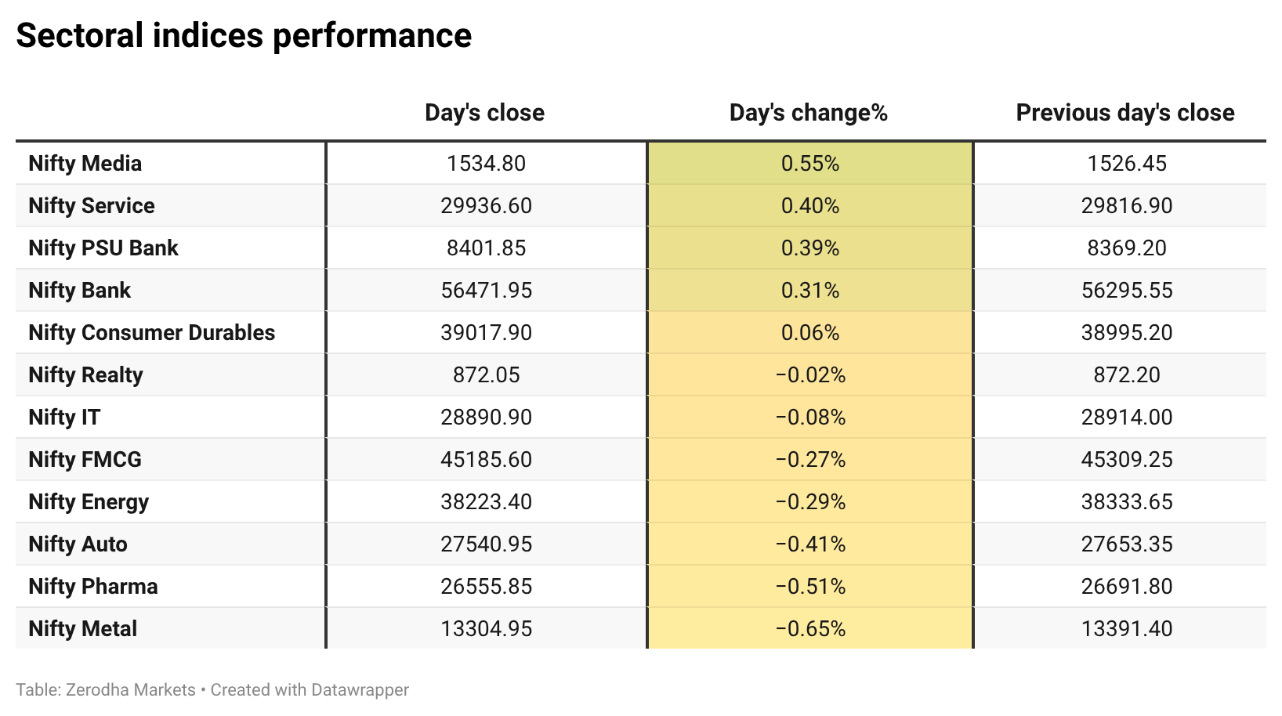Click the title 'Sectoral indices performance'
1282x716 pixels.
tap(244, 35)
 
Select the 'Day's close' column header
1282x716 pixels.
tap(485, 113)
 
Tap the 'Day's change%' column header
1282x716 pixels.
tap(809, 113)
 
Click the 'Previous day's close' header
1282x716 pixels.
tap(1125, 113)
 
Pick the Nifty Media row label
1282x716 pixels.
tap(85, 164)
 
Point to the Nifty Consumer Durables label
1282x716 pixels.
tap(152, 332)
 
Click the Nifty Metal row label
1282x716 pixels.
tap(83, 629)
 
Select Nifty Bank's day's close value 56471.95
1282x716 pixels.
tap(487, 290)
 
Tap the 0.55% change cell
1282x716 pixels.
tap(810, 164)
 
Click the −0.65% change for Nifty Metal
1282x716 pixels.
tap(810, 629)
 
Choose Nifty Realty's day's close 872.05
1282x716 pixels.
tap(487, 375)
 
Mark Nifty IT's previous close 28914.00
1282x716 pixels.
tap(1127, 418)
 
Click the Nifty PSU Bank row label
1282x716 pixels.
tap(103, 248)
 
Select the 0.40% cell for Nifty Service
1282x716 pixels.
tap(810, 205)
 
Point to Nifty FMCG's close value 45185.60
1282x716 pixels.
tap(487, 460)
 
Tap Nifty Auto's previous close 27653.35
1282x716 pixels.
tap(1127, 544)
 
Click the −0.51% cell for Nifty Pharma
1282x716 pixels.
tap(810, 587)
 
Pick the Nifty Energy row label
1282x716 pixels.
tap(89, 502)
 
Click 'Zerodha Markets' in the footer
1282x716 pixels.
tap(131, 689)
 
